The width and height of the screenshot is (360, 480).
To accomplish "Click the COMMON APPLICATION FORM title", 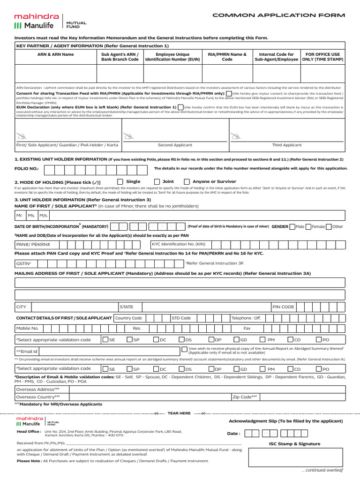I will (x=278, y=15).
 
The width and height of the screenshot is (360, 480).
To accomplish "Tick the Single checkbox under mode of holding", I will (x=120, y=181).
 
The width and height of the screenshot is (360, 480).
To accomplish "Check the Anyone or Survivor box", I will (x=187, y=181).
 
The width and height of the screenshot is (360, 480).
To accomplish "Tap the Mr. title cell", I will (x=20, y=215).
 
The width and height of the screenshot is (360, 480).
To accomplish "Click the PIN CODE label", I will (x=284, y=307).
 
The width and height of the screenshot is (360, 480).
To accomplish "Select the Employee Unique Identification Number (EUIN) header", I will (x=173, y=57).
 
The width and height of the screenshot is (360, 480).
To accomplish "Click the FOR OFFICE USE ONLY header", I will (x=322, y=57).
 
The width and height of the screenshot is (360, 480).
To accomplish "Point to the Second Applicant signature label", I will (x=175, y=145).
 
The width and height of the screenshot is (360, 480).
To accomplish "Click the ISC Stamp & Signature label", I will (x=294, y=443).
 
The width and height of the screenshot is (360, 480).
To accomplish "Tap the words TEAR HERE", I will (x=180, y=413).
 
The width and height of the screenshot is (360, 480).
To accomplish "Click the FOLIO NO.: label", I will (x=27, y=168).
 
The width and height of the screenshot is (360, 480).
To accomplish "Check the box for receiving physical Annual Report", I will (x=184, y=349).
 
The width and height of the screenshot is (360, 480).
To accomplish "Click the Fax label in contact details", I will (x=247, y=329).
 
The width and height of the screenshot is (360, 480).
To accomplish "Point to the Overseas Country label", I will (x=38, y=397).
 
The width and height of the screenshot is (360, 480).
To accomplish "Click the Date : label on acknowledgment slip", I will (x=234, y=434).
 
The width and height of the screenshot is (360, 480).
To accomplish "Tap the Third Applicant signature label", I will (x=287, y=145).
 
